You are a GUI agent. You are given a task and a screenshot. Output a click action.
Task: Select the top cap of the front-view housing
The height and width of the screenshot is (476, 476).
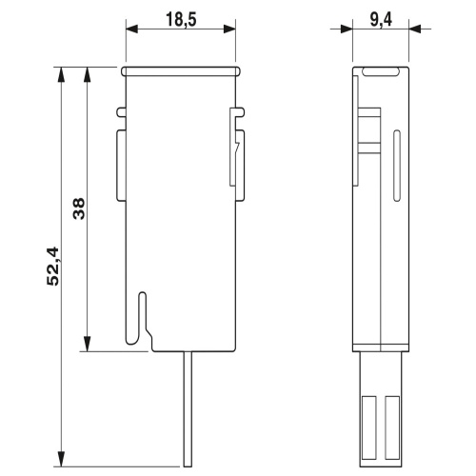point(180,69)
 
